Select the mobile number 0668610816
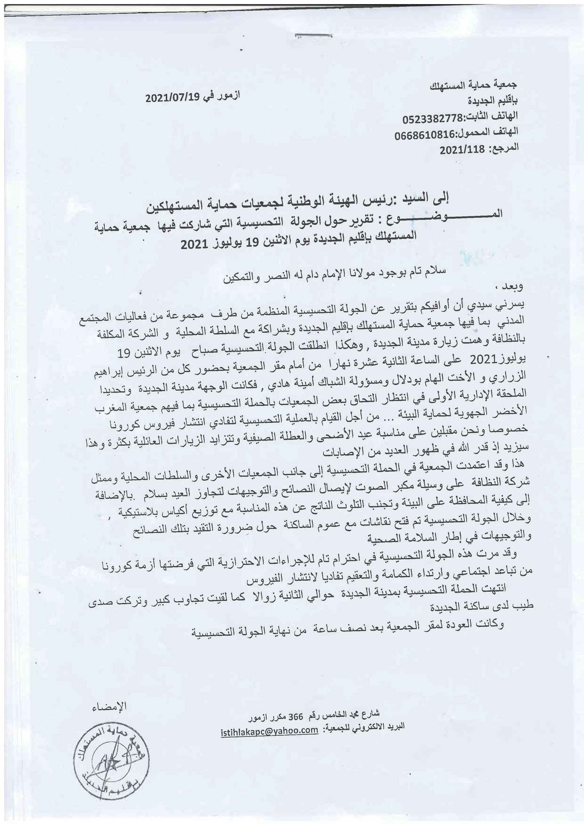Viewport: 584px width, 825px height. coord(424,135)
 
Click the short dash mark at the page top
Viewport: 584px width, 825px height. coord(314,36)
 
